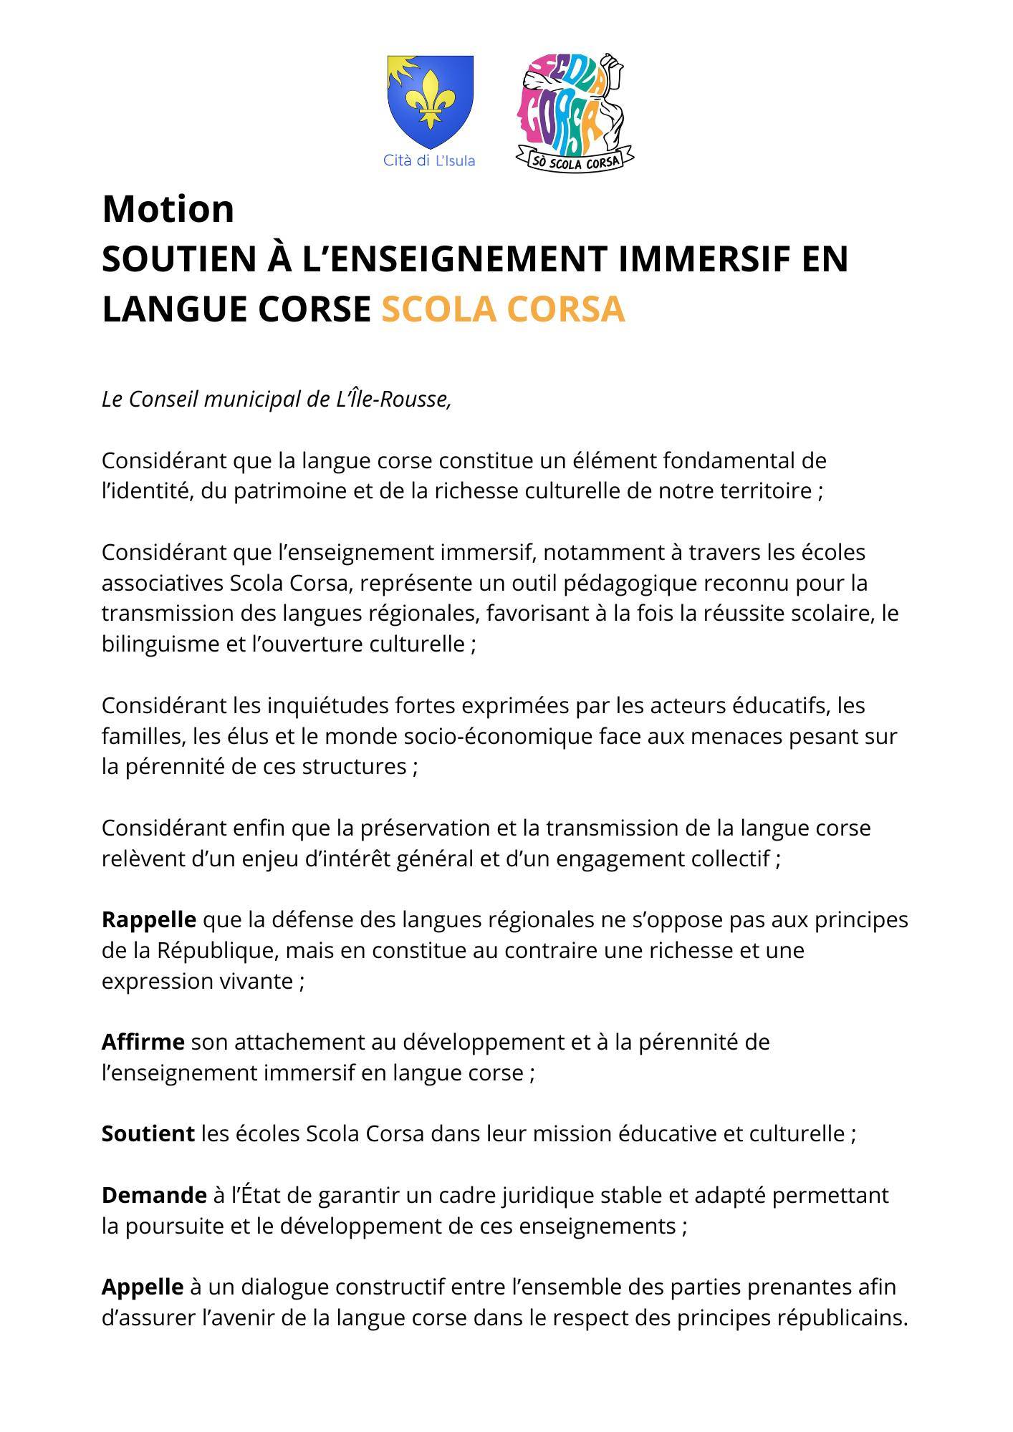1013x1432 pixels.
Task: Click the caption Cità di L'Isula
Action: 429,160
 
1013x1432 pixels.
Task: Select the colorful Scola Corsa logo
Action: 573,107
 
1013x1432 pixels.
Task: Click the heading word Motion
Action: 168,209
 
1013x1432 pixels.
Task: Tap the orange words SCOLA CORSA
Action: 503,309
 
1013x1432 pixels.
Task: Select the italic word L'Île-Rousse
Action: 394,400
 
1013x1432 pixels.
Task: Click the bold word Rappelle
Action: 149,919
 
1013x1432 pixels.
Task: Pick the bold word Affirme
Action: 143,1042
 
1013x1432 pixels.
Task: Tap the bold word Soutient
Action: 148,1133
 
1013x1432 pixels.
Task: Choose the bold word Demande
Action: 154,1195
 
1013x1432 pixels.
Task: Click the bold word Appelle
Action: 143,1287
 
